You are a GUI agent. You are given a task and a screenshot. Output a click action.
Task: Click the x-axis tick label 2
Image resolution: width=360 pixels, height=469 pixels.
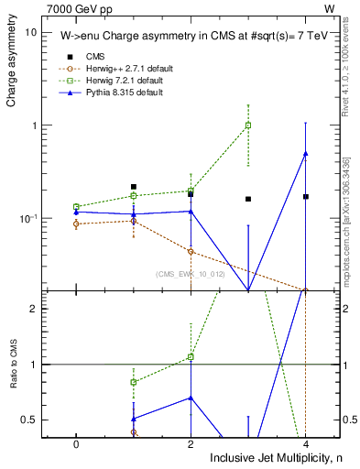coord(191,442)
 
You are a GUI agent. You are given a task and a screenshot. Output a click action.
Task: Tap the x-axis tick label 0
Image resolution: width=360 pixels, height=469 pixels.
coord(76,442)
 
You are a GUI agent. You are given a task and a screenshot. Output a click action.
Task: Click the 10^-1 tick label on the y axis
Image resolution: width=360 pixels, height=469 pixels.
coord(27,218)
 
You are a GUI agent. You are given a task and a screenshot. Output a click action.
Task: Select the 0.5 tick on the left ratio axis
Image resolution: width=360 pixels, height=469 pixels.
coord(29,420)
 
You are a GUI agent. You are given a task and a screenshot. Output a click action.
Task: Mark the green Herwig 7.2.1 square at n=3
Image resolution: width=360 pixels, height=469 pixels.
coord(248,125)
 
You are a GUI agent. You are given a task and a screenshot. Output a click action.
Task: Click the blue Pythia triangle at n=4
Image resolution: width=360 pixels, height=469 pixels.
coord(305,154)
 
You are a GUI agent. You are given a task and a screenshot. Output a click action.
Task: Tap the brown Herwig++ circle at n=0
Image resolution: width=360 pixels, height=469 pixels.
coord(76,224)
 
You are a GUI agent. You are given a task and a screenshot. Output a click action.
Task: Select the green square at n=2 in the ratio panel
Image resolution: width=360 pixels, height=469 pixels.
coord(191,356)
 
